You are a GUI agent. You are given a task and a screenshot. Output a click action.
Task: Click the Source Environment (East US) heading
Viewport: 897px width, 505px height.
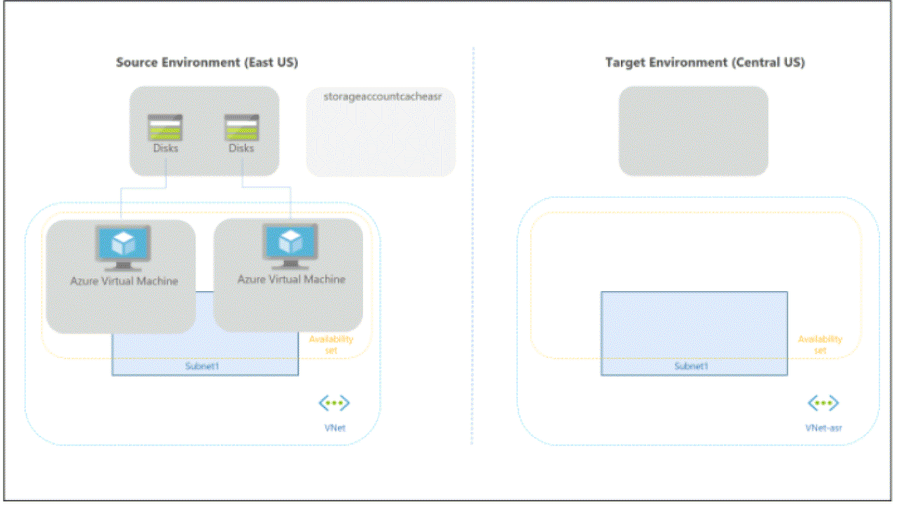207,62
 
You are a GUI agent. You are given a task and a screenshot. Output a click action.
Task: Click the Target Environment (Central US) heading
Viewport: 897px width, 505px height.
705,62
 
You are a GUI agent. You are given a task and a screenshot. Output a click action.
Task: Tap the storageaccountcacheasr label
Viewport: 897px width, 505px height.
382,95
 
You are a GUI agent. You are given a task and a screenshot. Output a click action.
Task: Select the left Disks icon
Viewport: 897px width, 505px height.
165,128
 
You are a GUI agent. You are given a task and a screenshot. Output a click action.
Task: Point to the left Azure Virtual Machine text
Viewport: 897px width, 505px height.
124,281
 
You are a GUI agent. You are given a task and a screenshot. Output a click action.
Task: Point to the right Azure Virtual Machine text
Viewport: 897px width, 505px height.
292,279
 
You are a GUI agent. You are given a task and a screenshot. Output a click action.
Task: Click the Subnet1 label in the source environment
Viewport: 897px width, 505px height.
205,366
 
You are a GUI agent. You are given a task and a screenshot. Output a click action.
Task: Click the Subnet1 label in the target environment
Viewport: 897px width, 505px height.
692,366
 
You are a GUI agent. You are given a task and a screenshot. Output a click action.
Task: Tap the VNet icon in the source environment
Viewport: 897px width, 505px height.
334,403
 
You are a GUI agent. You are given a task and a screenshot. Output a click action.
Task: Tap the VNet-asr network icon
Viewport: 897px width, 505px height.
823,403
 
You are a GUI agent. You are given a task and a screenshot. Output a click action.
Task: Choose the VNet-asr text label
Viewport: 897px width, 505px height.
823,427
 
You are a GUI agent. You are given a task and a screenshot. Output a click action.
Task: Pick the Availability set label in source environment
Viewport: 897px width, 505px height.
331,344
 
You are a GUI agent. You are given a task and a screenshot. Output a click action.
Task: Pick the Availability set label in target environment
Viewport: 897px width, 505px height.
820,344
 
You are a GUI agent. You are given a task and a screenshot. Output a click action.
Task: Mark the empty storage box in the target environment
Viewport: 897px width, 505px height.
693,130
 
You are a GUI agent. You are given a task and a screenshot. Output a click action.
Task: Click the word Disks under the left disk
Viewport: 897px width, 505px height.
165,148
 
